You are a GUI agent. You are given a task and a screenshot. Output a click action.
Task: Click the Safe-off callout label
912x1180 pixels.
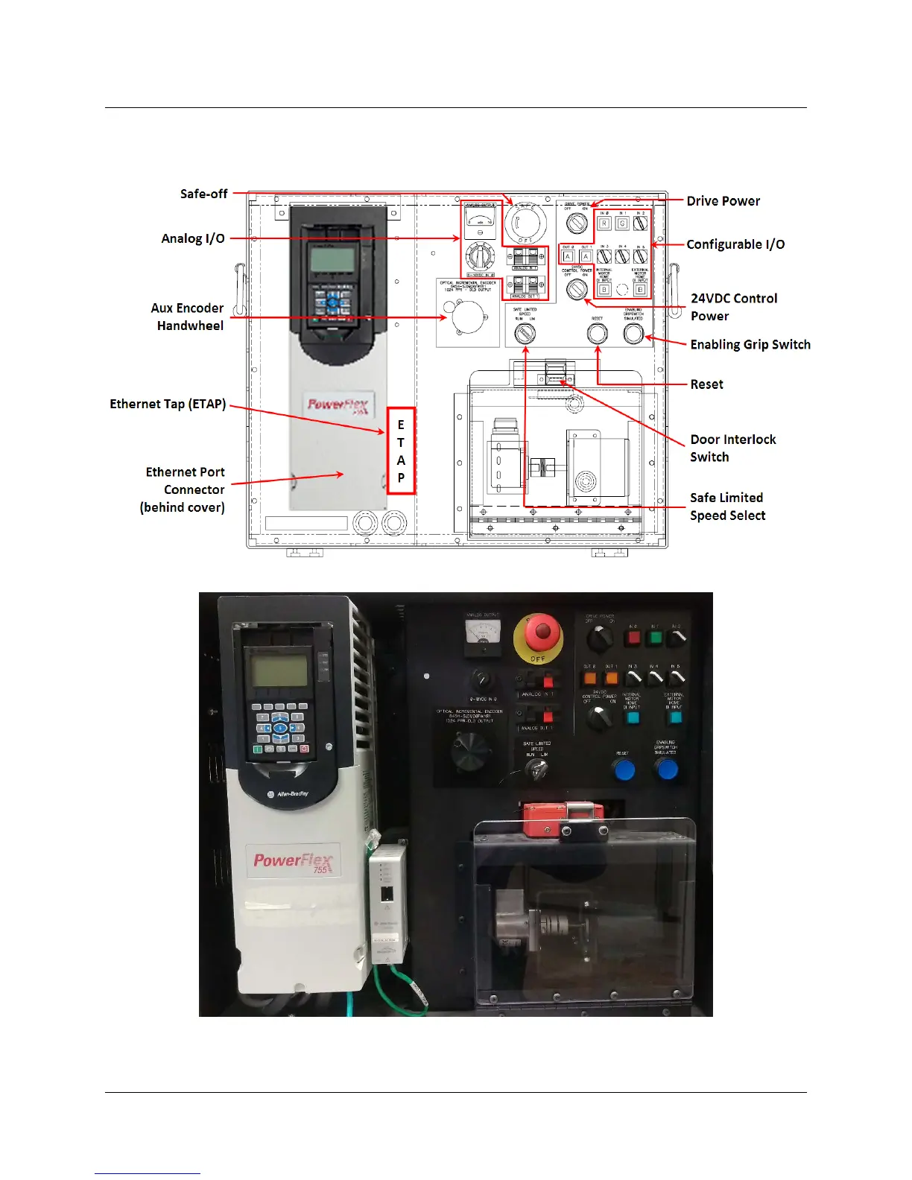click(203, 194)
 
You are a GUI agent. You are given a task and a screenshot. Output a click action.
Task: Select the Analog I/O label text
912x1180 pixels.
click(193, 238)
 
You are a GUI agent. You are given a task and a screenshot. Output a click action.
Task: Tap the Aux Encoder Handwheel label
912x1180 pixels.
click(188, 317)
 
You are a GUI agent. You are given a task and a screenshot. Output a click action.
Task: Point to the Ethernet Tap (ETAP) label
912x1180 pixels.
click(168, 404)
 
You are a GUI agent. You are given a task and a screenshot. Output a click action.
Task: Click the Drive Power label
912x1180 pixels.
click(723, 201)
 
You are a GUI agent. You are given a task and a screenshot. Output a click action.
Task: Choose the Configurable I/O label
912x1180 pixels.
click(735, 244)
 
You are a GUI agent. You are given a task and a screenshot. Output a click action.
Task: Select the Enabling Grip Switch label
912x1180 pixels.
click(750, 344)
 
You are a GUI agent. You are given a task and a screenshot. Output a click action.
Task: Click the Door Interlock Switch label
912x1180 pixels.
click(732, 448)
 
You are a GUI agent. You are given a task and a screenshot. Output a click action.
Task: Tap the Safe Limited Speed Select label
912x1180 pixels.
click(727, 507)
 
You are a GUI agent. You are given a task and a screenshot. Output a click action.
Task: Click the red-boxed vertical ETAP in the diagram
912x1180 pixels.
click(401, 451)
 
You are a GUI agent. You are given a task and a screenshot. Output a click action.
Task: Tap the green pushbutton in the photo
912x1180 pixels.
click(655, 638)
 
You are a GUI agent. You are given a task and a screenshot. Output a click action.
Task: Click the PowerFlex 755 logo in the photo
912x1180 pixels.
click(294, 861)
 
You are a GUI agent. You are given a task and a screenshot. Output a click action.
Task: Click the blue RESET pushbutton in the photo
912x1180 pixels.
click(624, 770)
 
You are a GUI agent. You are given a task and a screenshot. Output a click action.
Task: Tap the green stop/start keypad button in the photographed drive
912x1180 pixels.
click(259, 749)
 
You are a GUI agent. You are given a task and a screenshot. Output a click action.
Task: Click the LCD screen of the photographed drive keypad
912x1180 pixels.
click(279, 670)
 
